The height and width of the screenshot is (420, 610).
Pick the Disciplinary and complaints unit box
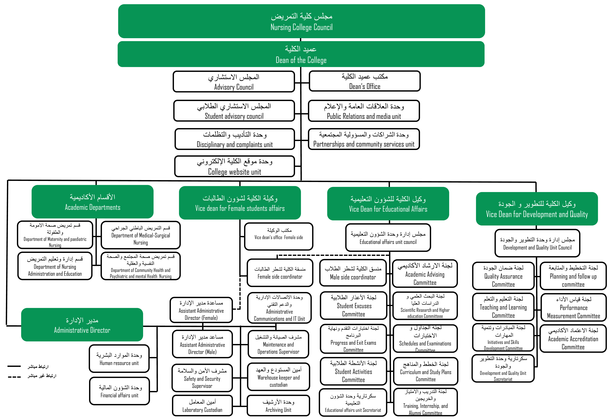point(235,139)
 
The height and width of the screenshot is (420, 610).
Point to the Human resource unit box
point(119,358)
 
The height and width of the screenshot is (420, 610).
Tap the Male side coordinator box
point(353,273)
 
